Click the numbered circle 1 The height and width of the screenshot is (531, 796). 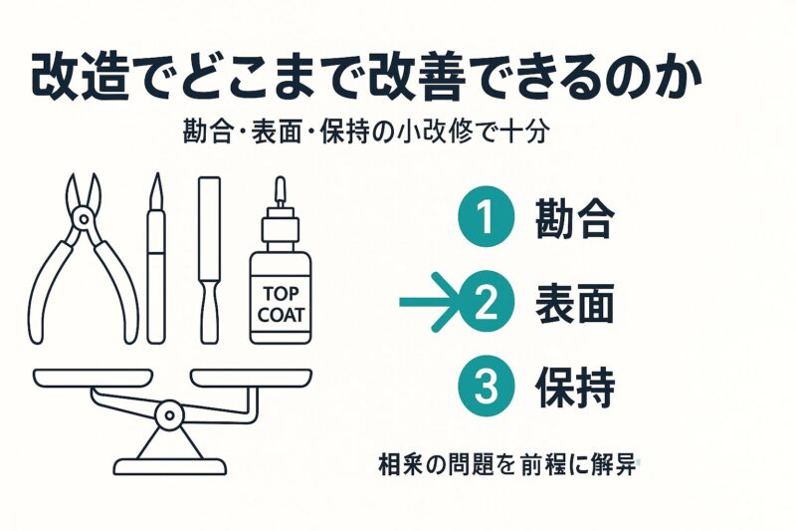(487, 217)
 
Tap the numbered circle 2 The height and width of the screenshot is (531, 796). (487, 302)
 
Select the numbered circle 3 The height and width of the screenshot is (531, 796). (487, 387)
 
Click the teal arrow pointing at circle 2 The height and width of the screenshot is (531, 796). (432, 302)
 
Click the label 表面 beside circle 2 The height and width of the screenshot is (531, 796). (575, 303)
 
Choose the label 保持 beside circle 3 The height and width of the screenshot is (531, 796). (575, 388)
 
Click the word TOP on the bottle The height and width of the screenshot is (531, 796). (281, 294)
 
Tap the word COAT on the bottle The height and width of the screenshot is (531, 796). (281, 315)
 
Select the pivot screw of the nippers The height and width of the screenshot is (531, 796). (83, 219)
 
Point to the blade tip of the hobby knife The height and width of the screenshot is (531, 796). (157, 174)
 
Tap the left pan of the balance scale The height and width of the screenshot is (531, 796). (93, 378)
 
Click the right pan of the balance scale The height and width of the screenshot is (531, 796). (251, 378)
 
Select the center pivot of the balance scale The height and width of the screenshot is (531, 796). (169, 415)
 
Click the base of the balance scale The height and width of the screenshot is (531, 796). (169, 466)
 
